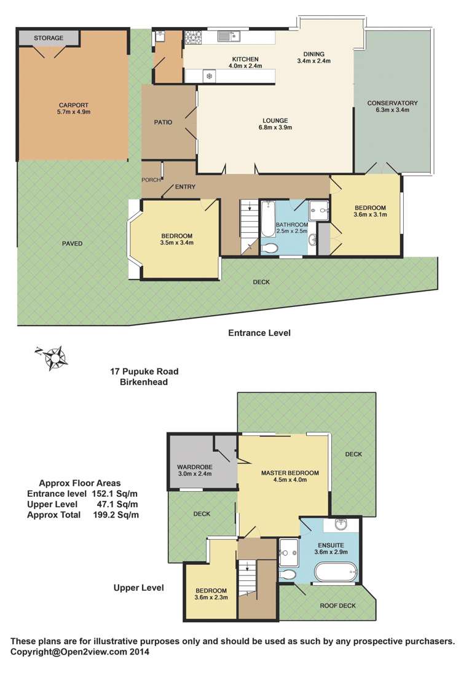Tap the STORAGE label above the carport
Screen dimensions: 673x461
[49, 38]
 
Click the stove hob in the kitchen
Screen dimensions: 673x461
[195, 37]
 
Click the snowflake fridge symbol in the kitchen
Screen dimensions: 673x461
[209, 76]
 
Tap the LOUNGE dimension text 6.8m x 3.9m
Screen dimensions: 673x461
[274, 128]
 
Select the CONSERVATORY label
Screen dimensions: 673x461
[392, 103]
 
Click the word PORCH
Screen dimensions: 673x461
[151, 180]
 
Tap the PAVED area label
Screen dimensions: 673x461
[72, 244]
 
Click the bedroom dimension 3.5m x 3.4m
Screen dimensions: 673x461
[177, 243]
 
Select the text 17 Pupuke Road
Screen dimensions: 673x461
[144, 372]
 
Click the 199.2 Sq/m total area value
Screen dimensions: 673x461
[116, 515]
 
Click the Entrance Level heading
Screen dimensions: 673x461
[259, 333]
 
